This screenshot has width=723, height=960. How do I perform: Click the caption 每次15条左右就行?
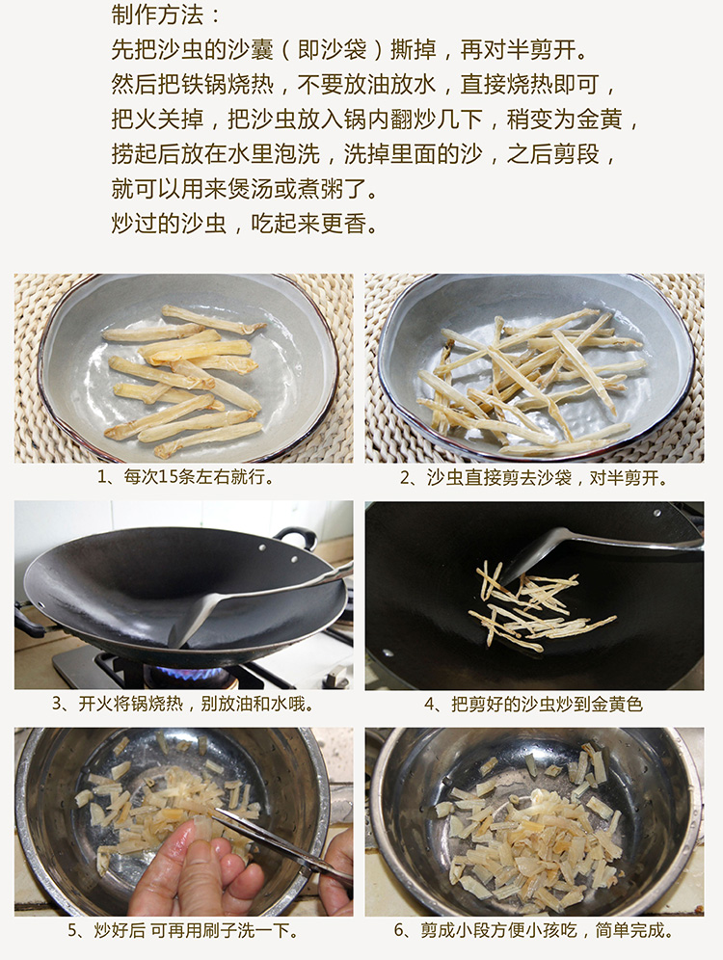pos(185,477)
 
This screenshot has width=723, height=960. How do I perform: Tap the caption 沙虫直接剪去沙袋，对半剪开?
pos(534,477)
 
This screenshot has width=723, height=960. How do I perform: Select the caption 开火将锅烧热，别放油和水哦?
pos(183,704)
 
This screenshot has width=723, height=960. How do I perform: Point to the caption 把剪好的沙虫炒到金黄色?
pos(534,705)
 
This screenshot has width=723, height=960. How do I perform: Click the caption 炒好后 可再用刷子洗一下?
pos(183,931)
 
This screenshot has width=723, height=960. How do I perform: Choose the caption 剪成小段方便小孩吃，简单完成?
pos(534,931)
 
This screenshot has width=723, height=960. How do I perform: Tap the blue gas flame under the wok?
pos(191,675)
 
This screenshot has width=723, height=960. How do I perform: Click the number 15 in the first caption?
pos(167,477)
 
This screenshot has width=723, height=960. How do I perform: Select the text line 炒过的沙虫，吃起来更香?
pos(244,224)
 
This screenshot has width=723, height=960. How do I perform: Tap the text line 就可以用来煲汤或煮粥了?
pos(244,189)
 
